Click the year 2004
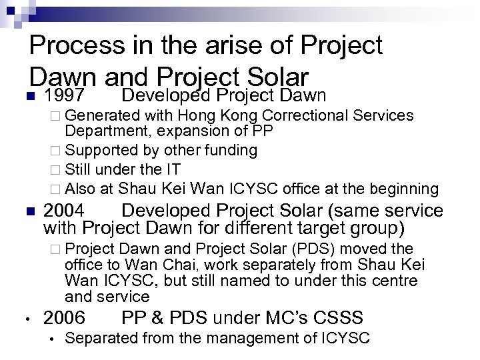64,211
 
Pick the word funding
234,150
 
